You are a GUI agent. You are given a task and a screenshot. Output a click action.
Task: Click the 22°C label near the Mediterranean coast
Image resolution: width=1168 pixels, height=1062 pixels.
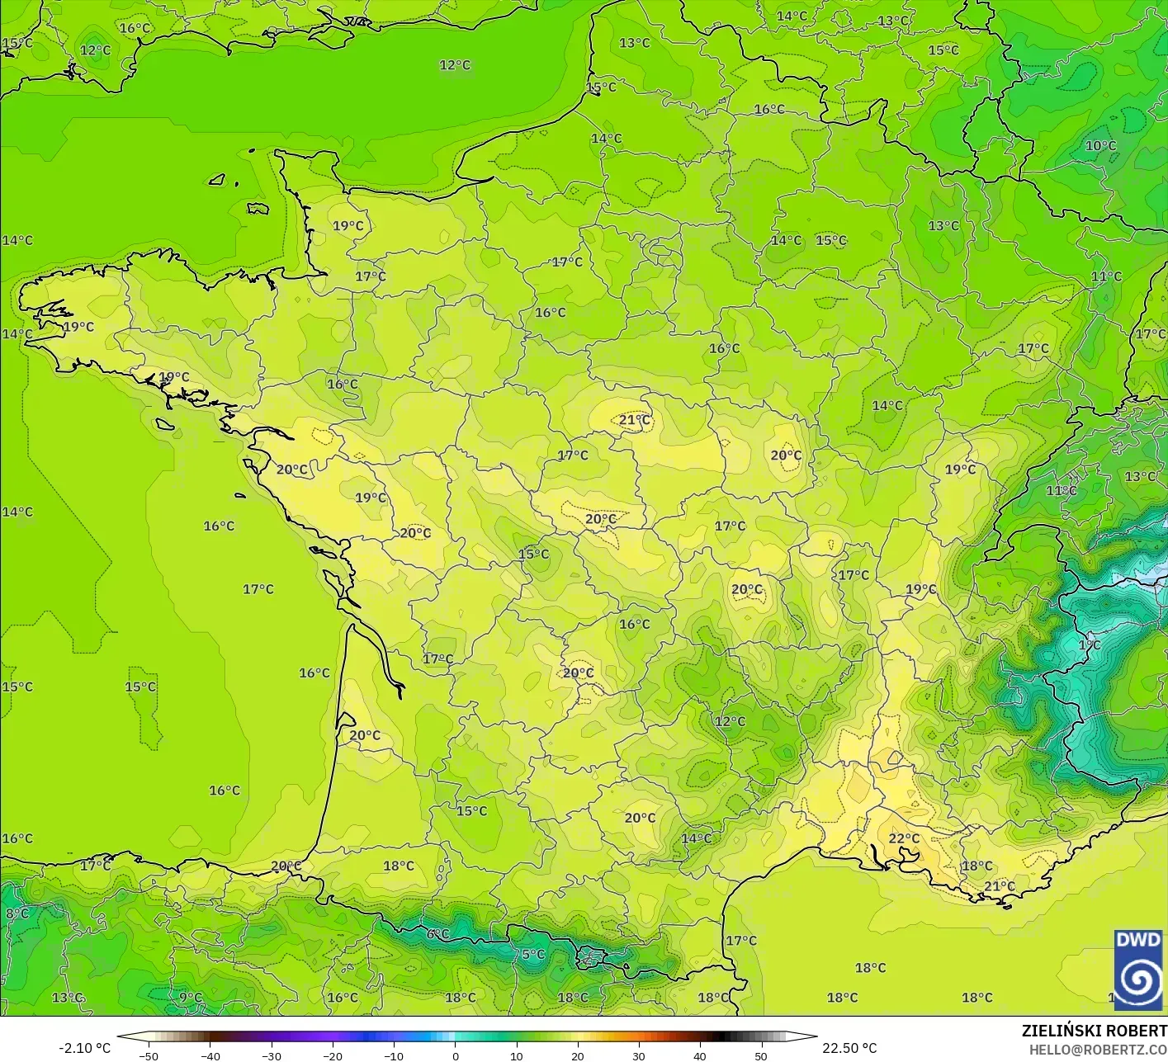pyautogui.click(x=904, y=838)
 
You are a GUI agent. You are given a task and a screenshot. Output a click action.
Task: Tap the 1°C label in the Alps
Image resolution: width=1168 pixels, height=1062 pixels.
pyautogui.click(x=1089, y=644)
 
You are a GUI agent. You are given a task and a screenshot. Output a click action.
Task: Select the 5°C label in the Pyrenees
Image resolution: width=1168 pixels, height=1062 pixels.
pyautogui.click(x=533, y=954)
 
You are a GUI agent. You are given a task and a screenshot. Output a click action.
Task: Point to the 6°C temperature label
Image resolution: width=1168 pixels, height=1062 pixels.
pyautogui.click(x=437, y=933)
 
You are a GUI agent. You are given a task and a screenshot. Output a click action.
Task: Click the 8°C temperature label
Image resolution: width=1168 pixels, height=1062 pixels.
pyautogui.click(x=17, y=913)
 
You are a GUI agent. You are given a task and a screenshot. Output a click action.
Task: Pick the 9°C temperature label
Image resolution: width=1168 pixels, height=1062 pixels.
pyautogui.click(x=191, y=997)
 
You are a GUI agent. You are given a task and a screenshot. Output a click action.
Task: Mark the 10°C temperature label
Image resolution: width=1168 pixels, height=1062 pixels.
pyautogui.click(x=1100, y=145)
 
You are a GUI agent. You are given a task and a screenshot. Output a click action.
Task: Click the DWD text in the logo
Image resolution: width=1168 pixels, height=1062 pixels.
pyautogui.click(x=1138, y=940)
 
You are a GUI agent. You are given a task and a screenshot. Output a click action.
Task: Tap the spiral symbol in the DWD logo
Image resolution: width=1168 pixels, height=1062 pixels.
pyautogui.click(x=1139, y=979)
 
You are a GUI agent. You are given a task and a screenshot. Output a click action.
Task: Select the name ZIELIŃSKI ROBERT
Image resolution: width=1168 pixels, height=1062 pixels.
pyautogui.click(x=1094, y=1031)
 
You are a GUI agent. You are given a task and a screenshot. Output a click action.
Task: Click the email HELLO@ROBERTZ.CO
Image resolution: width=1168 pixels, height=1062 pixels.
pyautogui.click(x=1098, y=1049)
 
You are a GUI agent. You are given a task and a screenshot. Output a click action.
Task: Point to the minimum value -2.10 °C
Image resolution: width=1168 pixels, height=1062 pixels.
pyautogui.click(x=84, y=1048)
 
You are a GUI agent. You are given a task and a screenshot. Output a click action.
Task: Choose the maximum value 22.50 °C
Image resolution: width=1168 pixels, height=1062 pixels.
pyautogui.click(x=849, y=1048)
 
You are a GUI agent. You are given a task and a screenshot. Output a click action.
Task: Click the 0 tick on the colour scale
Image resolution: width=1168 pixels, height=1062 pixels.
pyautogui.click(x=456, y=1055)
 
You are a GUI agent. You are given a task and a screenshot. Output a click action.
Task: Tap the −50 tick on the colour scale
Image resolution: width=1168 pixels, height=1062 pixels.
pyautogui.click(x=149, y=1055)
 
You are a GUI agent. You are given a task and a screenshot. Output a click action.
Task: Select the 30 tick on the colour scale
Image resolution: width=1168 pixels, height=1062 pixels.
pyautogui.click(x=639, y=1055)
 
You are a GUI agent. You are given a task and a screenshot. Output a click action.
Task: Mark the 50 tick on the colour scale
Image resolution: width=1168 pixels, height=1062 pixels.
pyautogui.click(x=761, y=1055)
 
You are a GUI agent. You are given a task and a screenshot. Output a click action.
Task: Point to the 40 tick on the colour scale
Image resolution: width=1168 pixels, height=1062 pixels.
pyautogui.click(x=700, y=1055)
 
